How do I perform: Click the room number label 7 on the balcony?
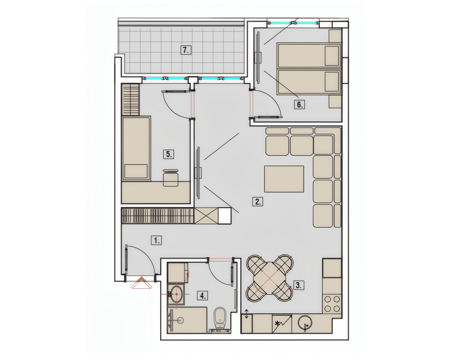[186, 50]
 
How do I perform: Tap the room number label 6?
[299, 105]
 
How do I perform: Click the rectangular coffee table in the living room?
[284, 179]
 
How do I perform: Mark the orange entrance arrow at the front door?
[142, 283]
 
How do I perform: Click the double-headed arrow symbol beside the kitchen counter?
[246, 320]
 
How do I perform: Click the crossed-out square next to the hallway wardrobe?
[206, 216]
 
